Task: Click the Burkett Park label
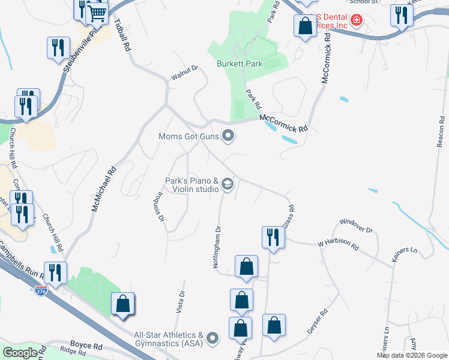[240, 64]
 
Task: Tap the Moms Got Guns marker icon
[228, 136]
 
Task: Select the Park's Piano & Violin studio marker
[228, 184]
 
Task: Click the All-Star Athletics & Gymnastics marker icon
[212, 340]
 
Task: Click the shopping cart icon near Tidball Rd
[97, 12]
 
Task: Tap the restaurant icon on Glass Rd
[273, 237]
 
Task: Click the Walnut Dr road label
[184, 71]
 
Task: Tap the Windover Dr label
[356, 226]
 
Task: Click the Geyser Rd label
[318, 323]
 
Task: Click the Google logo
[20, 353]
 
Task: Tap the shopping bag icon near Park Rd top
[305, 26]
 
